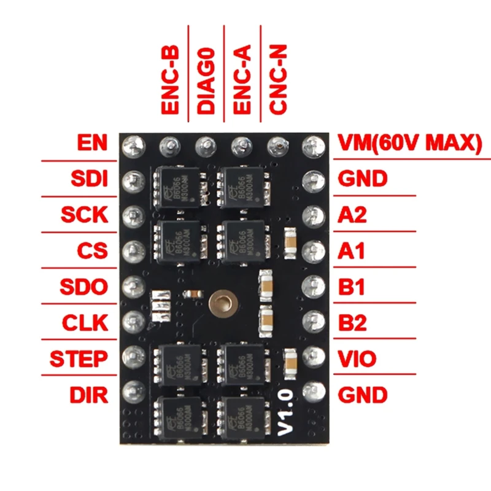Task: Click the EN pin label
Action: (x=93, y=143)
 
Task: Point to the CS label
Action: (x=93, y=250)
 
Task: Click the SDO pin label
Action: (x=84, y=287)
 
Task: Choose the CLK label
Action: (x=85, y=322)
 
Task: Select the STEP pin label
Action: (x=78, y=358)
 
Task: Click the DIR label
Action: (x=89, y=394)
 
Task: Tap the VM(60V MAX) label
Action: (x=410, y=143)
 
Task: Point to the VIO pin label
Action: (x=358, y=358)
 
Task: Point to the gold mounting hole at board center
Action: (x=221, y=302)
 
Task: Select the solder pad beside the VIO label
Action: (x=314, y=355)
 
